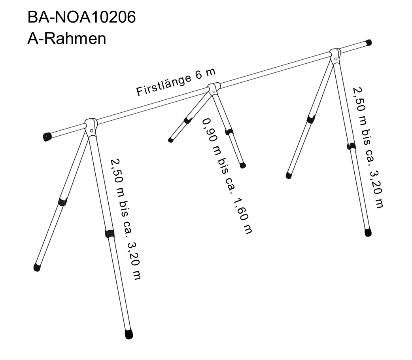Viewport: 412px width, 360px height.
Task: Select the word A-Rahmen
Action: coord(66,39)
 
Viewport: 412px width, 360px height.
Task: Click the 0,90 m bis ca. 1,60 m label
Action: coord(227,176)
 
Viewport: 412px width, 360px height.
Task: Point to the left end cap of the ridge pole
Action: coord(47,137)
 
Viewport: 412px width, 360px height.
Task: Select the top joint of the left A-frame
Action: coord(91,126)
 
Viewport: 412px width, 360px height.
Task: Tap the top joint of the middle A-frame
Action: coord(214,88)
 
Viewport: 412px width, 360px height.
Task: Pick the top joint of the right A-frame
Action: coord(335,55)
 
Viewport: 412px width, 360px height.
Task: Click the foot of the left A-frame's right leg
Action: coord(129,334)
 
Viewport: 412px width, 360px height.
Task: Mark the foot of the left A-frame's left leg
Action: coord(37,267)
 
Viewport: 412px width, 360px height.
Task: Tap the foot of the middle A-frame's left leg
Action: coord(171,140)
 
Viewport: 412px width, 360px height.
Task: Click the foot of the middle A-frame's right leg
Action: coord(243,165)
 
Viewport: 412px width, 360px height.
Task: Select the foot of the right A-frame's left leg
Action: coord(289,175)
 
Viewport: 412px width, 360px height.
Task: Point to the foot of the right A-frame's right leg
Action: coord(368,232)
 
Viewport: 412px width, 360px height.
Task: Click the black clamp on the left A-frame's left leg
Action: coord(62,202)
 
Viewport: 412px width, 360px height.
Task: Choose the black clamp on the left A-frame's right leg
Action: coord(110,234)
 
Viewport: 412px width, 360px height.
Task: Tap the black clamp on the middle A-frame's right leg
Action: coord(229,132)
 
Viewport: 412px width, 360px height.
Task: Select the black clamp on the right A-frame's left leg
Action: coord(311,119)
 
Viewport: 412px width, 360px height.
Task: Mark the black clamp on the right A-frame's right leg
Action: coord(351,146)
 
